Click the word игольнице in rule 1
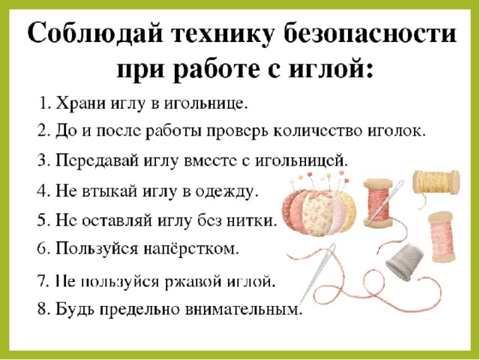205,104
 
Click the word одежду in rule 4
225,192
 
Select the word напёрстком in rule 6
191,249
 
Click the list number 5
42,220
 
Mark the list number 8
42,310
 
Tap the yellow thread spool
436,182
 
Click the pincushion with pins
319,208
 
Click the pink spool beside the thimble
441,238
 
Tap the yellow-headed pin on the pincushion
328,175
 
